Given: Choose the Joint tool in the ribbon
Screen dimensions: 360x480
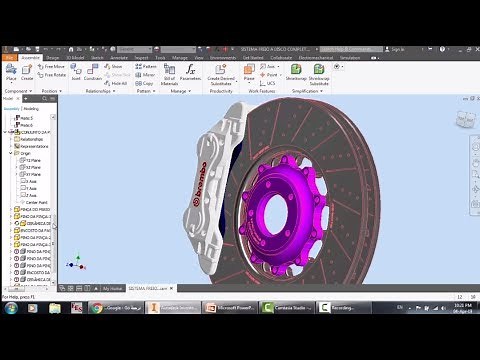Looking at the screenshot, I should (x=77, y=75).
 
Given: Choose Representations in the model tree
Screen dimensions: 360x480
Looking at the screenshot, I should (x=31, y=146).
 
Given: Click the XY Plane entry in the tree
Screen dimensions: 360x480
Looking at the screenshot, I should (x=32, y=174).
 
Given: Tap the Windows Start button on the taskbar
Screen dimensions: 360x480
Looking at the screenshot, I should (x=10, y=308).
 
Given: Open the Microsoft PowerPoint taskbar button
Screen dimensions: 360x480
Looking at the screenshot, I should (x=237, y=308).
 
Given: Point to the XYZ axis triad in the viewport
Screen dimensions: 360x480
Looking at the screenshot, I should (x=75, y=264).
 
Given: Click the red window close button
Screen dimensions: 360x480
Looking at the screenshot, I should (x=470, y=47).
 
